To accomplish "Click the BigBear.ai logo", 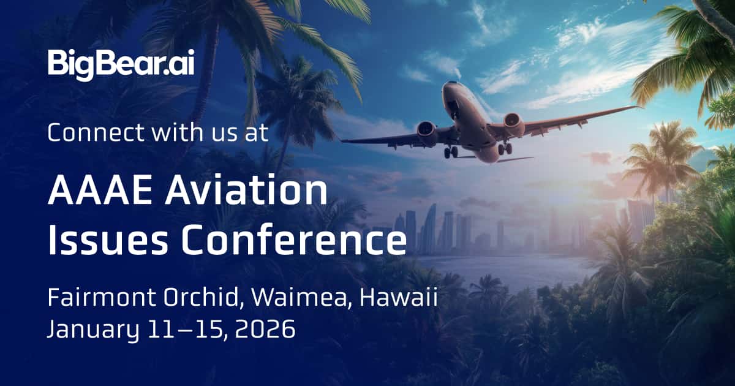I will coord(121,63).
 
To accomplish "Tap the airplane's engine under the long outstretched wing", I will coord(513,126).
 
